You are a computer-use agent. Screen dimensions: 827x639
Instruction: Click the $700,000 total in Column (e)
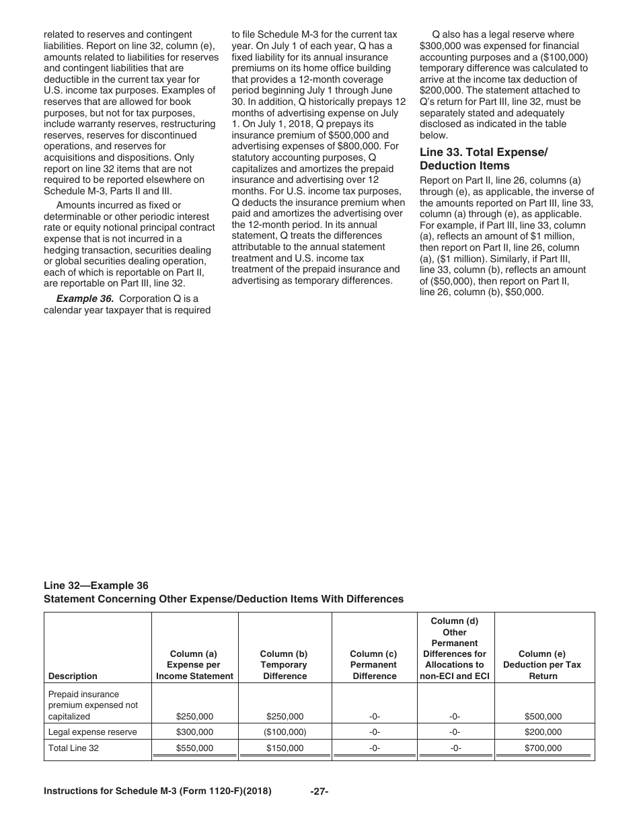pyautogui.click(x=543, y=748)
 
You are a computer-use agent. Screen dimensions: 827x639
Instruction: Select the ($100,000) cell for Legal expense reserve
pyautogui.click(x=285, y=732)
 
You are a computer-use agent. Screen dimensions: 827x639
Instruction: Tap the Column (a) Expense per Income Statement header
pyautogui.click(x=194, y=664)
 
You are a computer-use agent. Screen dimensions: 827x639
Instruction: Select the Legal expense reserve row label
pyautogui.click(x=92, y=732)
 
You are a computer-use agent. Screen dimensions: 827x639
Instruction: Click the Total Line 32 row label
pyautogui.click(x=73, y=748)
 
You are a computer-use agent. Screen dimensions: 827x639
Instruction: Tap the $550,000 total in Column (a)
pyautogui.click(x=194, y=748)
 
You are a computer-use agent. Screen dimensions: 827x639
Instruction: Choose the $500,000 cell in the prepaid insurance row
pyautogui.click(x=543, y=717)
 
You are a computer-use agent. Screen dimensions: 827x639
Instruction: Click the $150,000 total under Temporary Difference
pyautogui.click(x=285, y=748)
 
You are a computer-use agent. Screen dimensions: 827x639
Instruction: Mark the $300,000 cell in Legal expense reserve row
pyautogui.click(x=194, y=732)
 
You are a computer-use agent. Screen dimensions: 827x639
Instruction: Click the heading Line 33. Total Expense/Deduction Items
pyautogui.click(x=483, y=159)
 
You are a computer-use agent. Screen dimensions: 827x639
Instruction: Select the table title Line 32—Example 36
pyautogui.click(x=96, y=586)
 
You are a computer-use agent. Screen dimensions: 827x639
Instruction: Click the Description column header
pyautogui.click(x=73, y=676)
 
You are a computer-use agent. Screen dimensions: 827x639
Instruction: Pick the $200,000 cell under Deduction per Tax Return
pyautogui.click(x=543, y=732)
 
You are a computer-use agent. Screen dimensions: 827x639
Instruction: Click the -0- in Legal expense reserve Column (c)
pyautogui.click(x=375, y=732)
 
